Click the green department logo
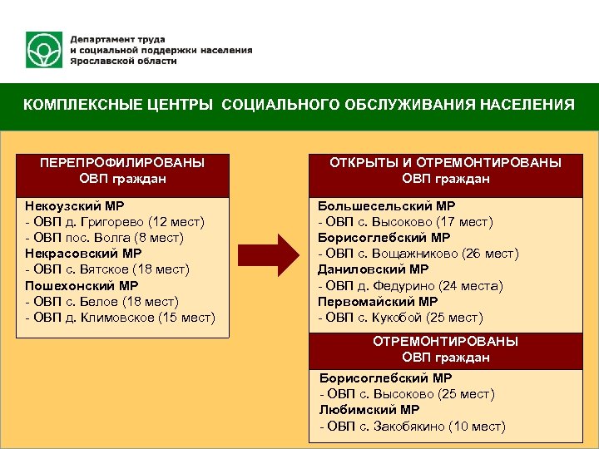pyautogui.click(x=43, y=51)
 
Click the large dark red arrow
pyautogui.click(x=268, y=254)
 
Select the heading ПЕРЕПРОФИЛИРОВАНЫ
pyautogui.click(x=122, y=162)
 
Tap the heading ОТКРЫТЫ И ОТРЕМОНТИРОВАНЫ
pyautogui.click(x=446, y=162)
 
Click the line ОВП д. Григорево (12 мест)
pyautogui.click(x=115, y=221)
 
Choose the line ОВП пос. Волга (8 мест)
pyautogui.click(x=105, y=237)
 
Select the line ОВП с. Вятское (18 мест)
pyautogui.click(x=108, y=269)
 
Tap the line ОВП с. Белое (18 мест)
pyautogui.click(x=102, y=301)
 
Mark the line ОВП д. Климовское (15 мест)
pyautogui.click(x=121, y=318)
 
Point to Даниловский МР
pyautogui.click(x=374, y=269)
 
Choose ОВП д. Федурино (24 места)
pyautogui.click(x=411, y=286)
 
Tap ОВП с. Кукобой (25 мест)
pyautogui.click(x=400, y=318)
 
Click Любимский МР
pyautogui.click(x=369, y=410)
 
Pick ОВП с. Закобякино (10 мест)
pyautogui.click(x=412, y=427)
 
